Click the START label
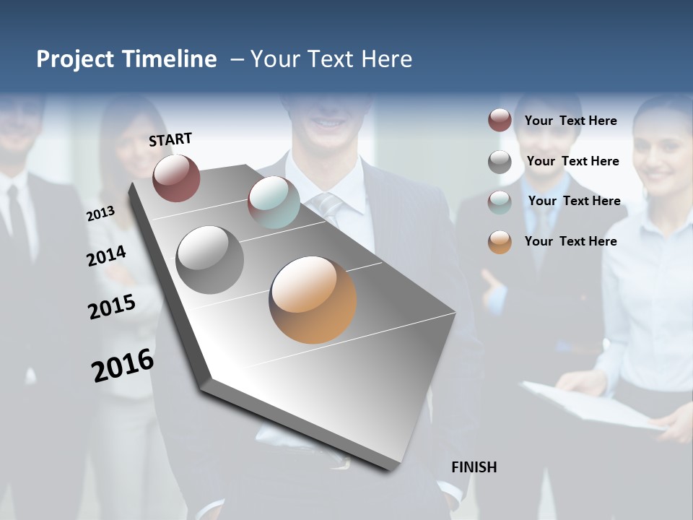(170, 139)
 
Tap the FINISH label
(474, 467)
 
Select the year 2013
(101, 214)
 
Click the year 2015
(112, 307)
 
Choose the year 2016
(123, 365)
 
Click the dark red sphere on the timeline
(176, 178)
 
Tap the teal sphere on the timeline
(274, 202)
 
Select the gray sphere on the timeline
(209, 260)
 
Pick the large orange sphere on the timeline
(313, 300)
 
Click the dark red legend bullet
(500, 120)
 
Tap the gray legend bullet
(500, 161)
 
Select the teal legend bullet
(500, 201)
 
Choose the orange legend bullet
(500, 241)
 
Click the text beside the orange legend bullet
(570, 241)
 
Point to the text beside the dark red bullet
(570, 121)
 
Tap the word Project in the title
(76, 59)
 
